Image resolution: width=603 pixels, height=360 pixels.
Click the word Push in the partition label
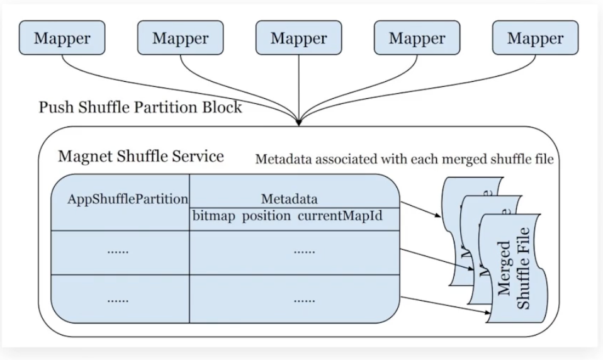pyautogui.click(x=54, y=108)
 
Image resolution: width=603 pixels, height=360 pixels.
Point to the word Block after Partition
pyautogui.click(x=222, y=108)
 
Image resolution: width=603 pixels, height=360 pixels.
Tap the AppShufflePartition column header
pyautogui.click(x=128, y=199)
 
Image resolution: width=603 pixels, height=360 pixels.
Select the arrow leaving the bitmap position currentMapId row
pyautogui.click(x=420, y=210)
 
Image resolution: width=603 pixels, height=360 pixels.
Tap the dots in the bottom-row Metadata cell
pyautogui.click(x=304, y=300)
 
